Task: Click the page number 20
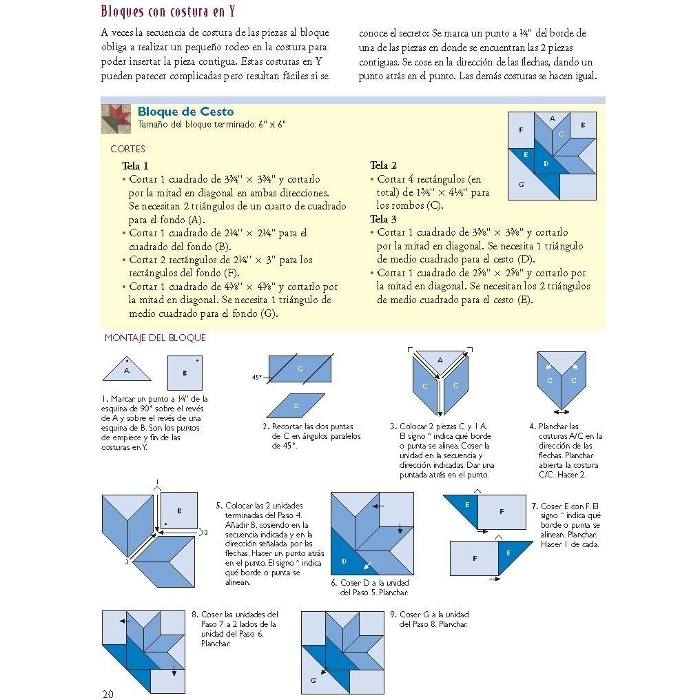click(x=107, y=693)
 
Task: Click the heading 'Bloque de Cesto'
click(x=185, y=111)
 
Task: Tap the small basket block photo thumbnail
click(x=116, y=119)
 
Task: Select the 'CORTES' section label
click(x=127, y=149)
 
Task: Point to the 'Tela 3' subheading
click(x=383, y=219)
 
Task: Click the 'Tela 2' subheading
click(x=383, y=165)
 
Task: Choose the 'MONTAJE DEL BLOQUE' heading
click(x=155, y=338)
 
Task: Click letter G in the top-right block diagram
click(x=521, y=184)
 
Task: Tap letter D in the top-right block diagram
click(x=546, y=164)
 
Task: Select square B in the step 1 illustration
click(x=185, y=373)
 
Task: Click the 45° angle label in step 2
click(x=257, y=378)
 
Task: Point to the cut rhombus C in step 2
click(x=296, y=405)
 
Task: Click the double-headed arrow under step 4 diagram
click(x=561, y=411)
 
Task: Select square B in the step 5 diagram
click(x=179, y=511)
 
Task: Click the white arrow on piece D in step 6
click(x=367, y=565)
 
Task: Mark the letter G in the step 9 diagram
click(x=313, y=680)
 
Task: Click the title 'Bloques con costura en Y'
click(x=168, y=11)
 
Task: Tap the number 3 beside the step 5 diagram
click(x=127, y=562)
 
